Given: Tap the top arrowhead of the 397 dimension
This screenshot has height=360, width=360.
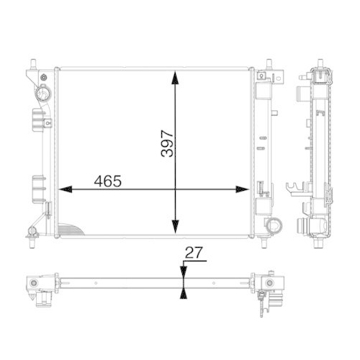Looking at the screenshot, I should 175,74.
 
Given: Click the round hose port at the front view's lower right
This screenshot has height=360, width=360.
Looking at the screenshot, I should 273,226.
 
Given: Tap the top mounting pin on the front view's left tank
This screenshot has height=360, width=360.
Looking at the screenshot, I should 33,63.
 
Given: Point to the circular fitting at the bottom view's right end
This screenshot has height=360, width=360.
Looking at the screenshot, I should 269,283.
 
